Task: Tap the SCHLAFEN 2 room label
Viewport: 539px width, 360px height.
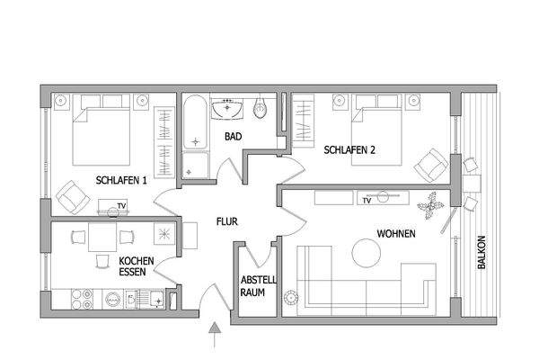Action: (349, 150)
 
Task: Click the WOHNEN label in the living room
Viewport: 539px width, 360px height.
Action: (395, 232)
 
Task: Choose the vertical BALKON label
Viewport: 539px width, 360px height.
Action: (482, 254)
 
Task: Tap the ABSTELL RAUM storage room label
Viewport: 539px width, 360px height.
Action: (258, 285)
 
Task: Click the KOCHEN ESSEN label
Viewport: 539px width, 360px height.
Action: (137, 266)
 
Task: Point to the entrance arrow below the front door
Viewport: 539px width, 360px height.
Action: (213, 337)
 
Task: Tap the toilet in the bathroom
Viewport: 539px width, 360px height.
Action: (261, 110)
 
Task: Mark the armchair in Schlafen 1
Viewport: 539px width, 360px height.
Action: (68, 193)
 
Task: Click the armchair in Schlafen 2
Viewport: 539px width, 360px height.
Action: (431, 165)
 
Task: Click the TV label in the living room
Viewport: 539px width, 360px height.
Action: (366, 201)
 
